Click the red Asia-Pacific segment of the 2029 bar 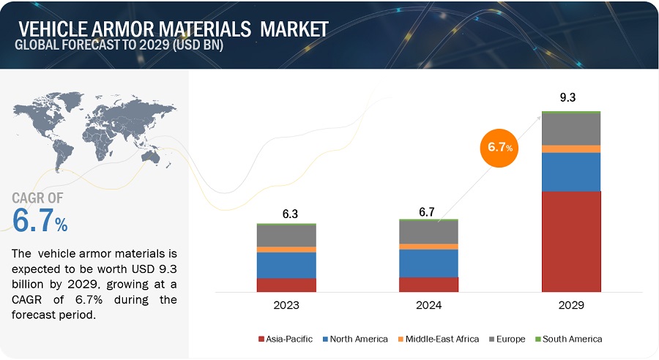tap(571, 241)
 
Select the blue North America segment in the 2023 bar tap(286, 265)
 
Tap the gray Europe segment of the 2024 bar tap(428, 232)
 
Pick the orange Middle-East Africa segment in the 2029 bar tap(571, 149)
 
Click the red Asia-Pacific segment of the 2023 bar tap(286, 285)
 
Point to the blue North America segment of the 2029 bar tap(571, 172)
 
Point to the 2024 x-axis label tap(428, 304)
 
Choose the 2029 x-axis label tap(571, 304)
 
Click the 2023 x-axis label tap(286, 304)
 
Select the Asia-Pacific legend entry tap(285, 339)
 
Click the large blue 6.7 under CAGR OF tap(40, 221)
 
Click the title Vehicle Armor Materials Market tap(173, 30)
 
